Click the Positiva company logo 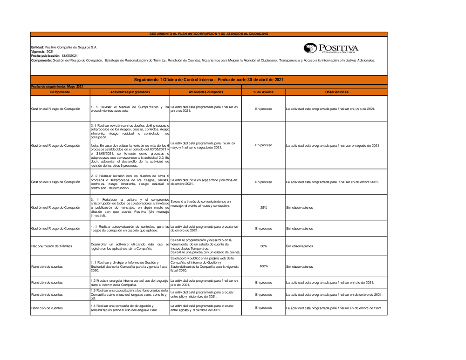tap(331, 48)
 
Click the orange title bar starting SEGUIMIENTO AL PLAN tap(208, 34)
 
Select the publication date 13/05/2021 tap(69, 55)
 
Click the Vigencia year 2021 tap(50, 51)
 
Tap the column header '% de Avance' tap(263, 92)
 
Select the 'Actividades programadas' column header tap(130, 92)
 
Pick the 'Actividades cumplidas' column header tap(206, 92)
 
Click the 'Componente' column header tap(60, 92)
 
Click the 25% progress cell tap(263, 207)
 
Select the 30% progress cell tap(263, 246)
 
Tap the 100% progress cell tap(263, 266)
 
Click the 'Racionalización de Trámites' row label tap(52, 246)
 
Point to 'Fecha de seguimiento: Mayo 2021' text tap(57, 87)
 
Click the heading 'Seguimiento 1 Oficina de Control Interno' tap(208, 80)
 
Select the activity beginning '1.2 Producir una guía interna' tap(130, 283)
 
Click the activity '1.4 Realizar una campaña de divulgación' tap(130, 308)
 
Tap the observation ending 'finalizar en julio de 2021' tap(330, 283)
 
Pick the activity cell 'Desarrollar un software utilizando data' tap(130, 246)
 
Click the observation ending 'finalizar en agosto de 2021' tap(332, 145)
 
